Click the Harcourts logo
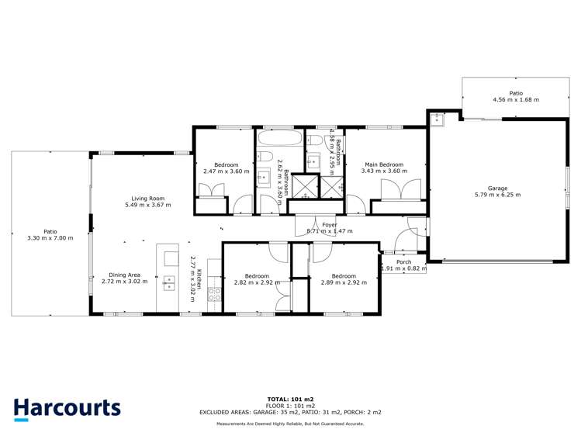(67, 408)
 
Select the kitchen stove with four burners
(214, 294)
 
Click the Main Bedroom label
(384, 164)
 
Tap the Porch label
(404, 261)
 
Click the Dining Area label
(124, 275)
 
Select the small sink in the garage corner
(437, 119)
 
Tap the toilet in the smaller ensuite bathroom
(315, 140)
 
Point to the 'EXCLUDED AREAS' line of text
(290, 412)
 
